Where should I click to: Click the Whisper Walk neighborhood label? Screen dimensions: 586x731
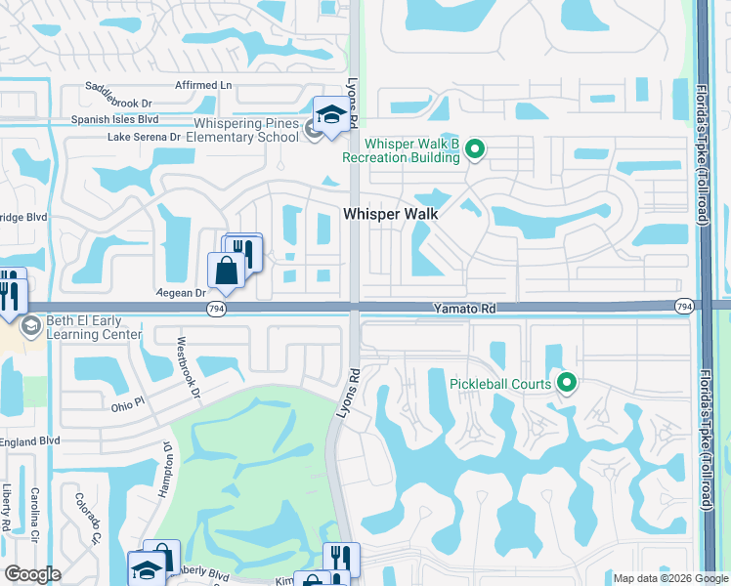click(x=388, y=213)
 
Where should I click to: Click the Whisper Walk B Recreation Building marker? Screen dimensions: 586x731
click(x=475, y=149)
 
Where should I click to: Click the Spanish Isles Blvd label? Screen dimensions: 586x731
click(x=115, y=120)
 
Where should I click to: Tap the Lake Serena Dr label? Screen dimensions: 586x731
click(x=145, y=137)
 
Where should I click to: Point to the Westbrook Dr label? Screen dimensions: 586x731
click(x=188, y=368)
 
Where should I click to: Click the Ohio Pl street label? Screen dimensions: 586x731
click(x=127, y=402)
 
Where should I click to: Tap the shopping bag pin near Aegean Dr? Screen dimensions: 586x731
click(x=226, y=271)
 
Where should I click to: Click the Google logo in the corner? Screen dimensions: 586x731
click(x=32, y=574)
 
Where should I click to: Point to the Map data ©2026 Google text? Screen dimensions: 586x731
click(x=669, y=578)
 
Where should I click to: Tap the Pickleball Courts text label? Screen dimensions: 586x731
click(x=500, y=384)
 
